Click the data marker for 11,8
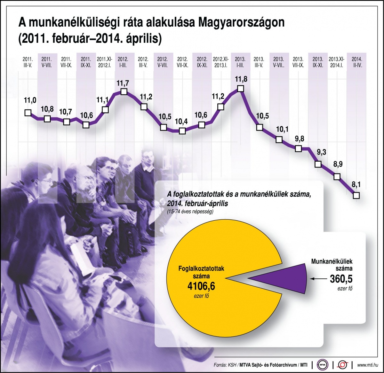241,89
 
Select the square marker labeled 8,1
356,195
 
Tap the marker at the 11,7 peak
124,92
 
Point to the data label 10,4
181,122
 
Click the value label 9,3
321,152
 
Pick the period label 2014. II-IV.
357,62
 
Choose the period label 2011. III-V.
28,62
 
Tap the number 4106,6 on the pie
201,286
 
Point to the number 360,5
341,279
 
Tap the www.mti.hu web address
368,365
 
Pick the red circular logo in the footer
343,365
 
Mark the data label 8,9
338,165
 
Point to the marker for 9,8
298,148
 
